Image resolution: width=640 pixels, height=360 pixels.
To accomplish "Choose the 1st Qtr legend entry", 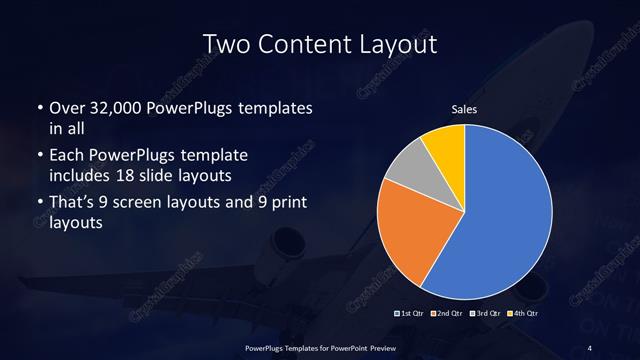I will click(413, 313).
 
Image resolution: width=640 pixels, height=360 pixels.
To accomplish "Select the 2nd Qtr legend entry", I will click(446, 313).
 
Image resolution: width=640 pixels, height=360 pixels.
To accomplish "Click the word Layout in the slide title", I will click(390, 45).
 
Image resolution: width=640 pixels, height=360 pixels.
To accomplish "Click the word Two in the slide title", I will click(225, 45).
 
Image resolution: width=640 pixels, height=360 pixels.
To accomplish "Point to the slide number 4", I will click(589, 347).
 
